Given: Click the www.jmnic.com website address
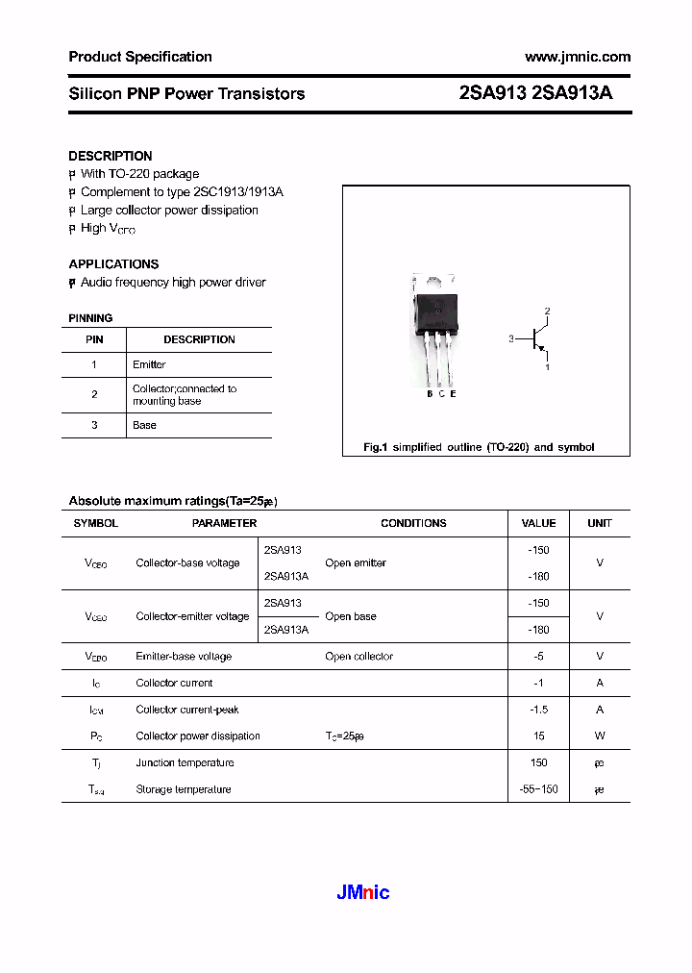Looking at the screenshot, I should coord(578,57).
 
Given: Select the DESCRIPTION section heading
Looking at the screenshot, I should coord(111,156).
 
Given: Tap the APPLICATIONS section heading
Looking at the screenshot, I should coord(113,263).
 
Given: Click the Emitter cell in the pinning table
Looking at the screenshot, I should coord(149,364).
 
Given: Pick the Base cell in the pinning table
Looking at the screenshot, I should coord(144,425).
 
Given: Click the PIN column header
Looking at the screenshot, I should coord(94,339).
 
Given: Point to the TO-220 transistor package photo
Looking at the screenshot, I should coord(434,327).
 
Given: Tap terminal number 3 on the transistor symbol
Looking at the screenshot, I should coord(512,338).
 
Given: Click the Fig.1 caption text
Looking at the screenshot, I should coord(479,447).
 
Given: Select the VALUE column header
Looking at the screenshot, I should coord(538,523).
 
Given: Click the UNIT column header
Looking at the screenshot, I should coord(600,523).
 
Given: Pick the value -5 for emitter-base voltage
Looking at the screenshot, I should coord(538,657).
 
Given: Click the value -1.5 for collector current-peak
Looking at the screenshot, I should coord(538,710).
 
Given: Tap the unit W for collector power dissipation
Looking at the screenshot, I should coord(600,736).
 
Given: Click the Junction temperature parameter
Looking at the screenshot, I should coord(185,762).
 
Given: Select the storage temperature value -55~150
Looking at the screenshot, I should coord(538,789).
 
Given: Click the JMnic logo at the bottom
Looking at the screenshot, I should coord(363,892).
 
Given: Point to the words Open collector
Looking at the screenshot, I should coord(358,657).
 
